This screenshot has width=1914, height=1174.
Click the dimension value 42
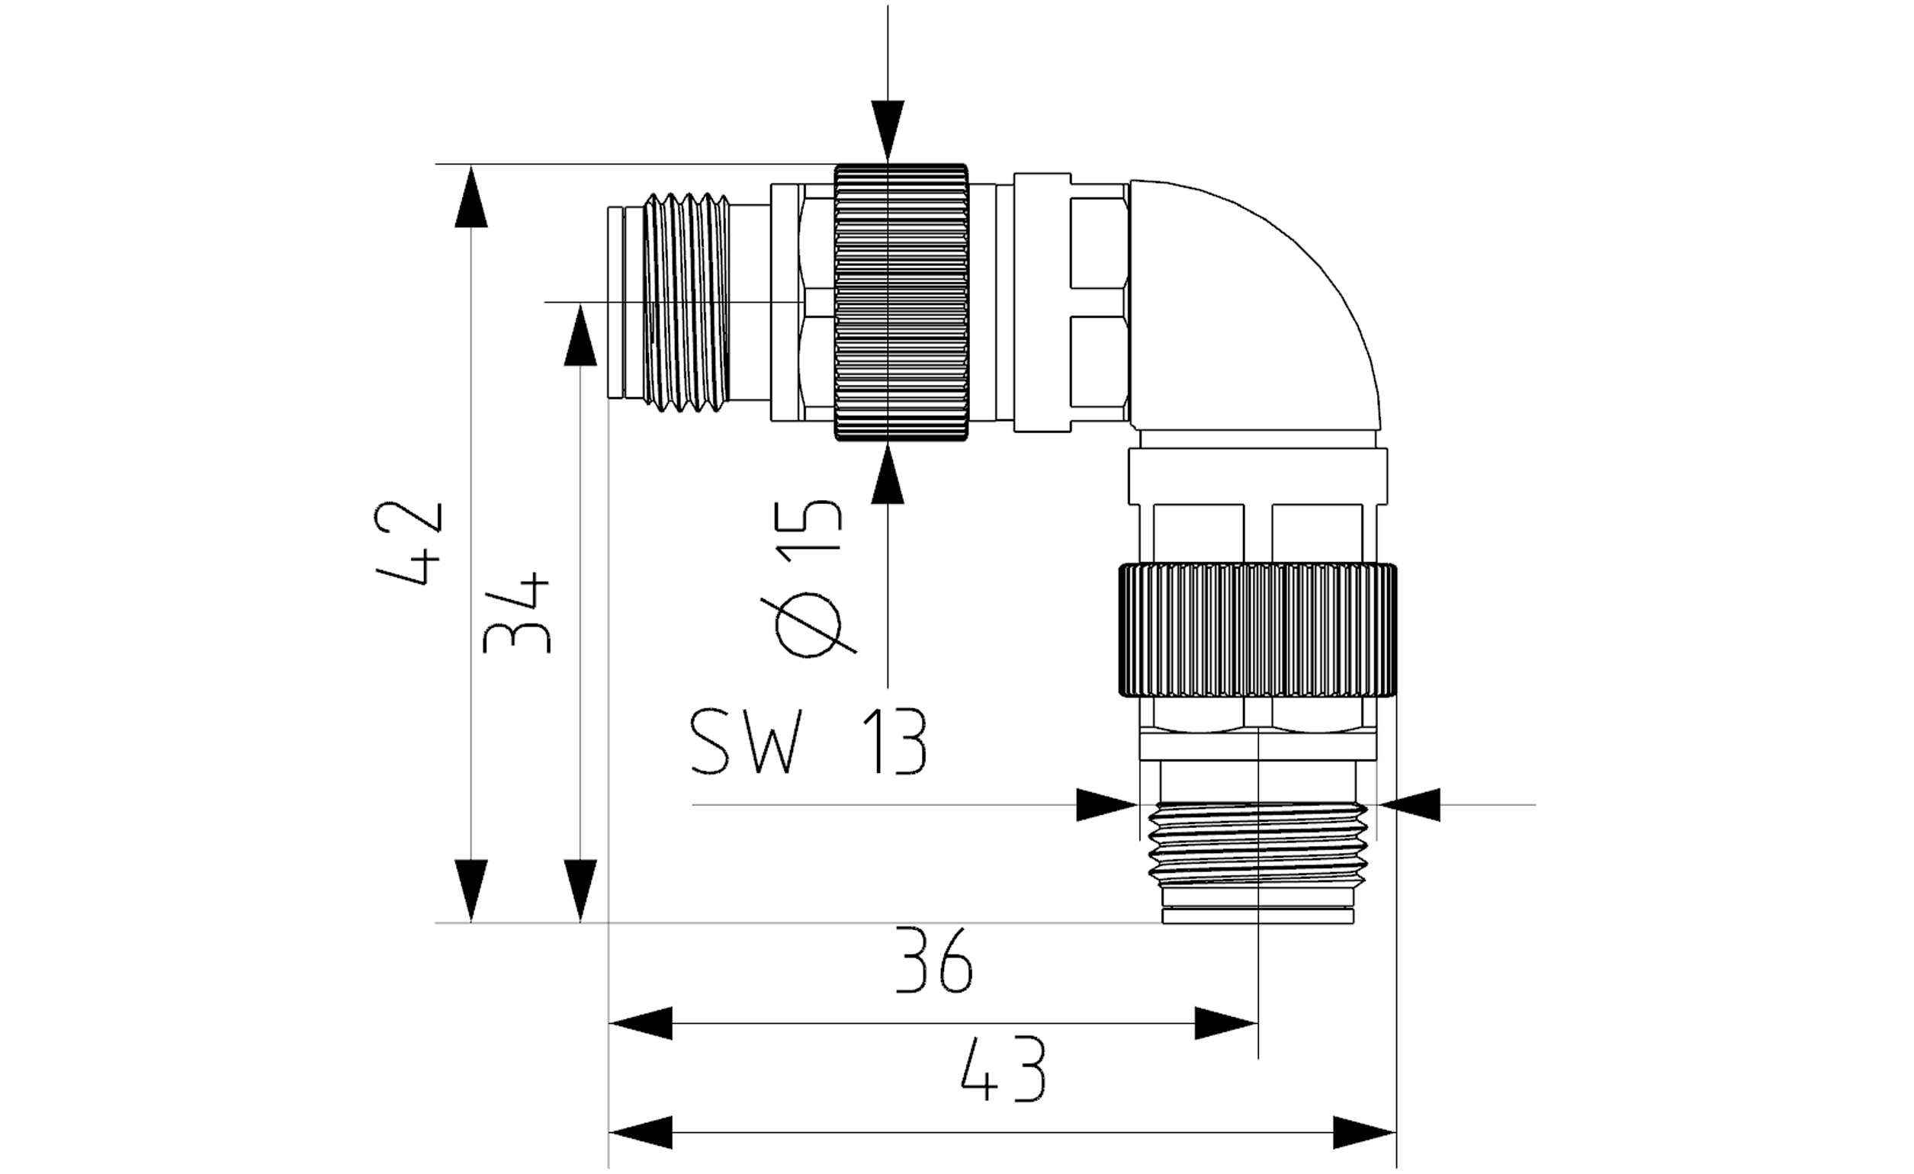pos(409,544)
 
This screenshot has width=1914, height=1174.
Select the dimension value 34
pos(516,614)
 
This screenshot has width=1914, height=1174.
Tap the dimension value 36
pos(934,961)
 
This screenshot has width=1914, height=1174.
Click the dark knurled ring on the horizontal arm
pos(901,302)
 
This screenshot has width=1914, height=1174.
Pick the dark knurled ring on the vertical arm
pos(1257,630)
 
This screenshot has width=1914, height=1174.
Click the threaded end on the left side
pos(689,302)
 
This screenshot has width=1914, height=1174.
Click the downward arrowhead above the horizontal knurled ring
pos(888,132)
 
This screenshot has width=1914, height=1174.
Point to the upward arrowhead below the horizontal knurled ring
pos(888,473)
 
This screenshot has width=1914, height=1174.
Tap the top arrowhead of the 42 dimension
pos(471,196)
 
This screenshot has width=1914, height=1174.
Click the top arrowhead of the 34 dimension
pos(580,334)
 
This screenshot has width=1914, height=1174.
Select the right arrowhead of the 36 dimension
pos(1225,1023)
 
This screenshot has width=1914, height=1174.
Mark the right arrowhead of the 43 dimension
pos(1365,1132)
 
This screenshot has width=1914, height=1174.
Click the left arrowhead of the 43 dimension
pos(641,1132)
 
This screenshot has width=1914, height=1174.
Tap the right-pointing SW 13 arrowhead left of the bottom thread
pos(1107,804)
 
